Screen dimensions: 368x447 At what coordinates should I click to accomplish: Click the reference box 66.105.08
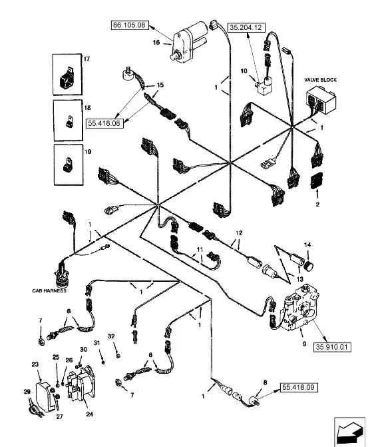(129, 25)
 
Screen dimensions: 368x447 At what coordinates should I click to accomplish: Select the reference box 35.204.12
(246, 27)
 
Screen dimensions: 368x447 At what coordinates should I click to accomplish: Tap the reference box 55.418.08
(104, 123)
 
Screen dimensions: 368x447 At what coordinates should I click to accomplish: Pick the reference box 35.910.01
(332, 347)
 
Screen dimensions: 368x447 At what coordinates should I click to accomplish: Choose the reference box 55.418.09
(299, 388)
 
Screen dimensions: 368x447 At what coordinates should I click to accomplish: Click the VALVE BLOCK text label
(320, 80)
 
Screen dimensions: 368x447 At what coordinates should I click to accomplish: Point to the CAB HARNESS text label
(49, 290)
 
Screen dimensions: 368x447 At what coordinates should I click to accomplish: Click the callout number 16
(156, 43)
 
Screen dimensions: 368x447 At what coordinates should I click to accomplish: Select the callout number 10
(244, 71)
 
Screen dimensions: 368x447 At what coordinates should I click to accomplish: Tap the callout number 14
(307, 244)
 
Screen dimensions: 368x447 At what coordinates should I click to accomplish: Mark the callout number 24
(89, 414)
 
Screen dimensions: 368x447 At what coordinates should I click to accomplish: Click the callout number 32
(111, 336)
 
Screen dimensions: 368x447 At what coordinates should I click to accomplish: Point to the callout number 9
(304, 344)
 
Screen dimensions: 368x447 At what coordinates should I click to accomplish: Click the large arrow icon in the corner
(349, 431)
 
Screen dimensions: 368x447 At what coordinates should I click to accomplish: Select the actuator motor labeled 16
(189, 41)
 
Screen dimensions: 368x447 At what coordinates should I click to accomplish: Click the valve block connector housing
(321, 101)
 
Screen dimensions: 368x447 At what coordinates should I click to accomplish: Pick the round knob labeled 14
(308, 266)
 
